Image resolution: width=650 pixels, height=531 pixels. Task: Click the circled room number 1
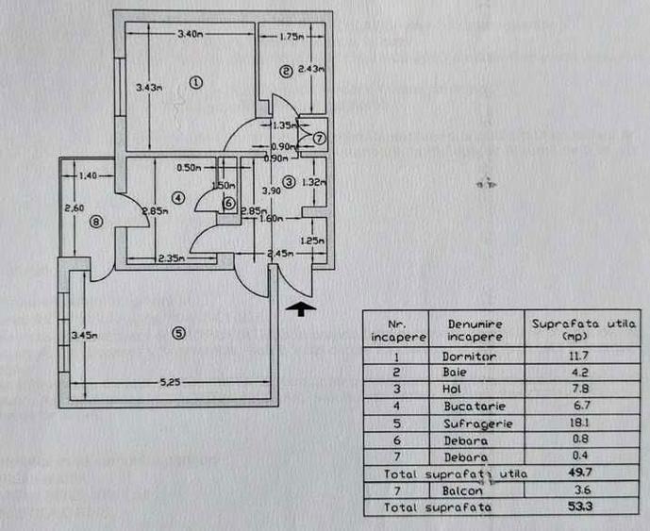195,82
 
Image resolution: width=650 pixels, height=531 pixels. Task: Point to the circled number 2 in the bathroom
284,70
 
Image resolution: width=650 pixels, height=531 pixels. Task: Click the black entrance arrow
301,307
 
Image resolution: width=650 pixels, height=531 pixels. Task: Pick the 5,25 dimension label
169,382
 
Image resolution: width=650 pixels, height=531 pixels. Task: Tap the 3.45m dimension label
84,333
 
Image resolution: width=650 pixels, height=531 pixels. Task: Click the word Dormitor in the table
469,357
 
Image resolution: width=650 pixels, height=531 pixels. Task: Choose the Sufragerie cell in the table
476,423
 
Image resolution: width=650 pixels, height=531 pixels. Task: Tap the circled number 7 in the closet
319,139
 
